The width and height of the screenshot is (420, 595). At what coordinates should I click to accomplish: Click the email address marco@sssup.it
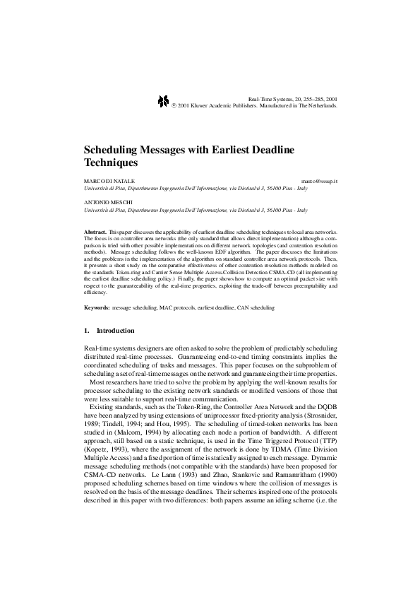(318, 182)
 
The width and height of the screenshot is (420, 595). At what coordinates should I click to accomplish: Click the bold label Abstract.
(95, 232)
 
